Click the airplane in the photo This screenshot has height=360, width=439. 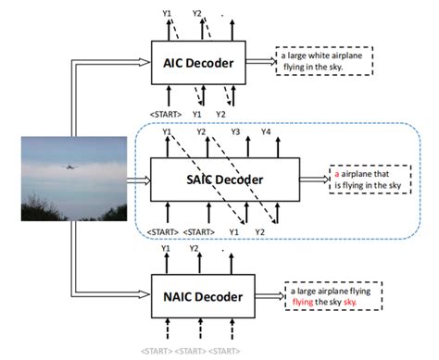click(68, 168)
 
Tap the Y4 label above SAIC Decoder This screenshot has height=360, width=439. click(266, 132)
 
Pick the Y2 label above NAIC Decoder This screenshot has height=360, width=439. click(195, 249)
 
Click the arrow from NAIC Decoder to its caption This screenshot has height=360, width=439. click(269, 296)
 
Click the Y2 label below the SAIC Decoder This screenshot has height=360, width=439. click(260, 231)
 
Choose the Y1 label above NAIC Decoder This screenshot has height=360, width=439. click(168, 249)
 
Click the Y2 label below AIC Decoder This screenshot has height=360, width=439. click(220, 114)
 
